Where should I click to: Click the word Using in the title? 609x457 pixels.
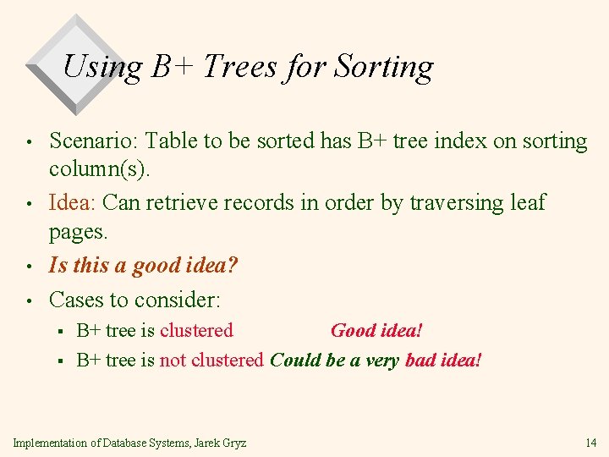click(101, 66)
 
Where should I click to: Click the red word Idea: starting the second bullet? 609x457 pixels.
click(75, 203)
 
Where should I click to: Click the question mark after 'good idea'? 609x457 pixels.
click(233, 266)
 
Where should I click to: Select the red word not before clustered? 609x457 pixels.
click(173, 361)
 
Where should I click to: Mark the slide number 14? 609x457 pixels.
click(590, 443)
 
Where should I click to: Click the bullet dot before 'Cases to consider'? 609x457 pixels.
click(29, 301)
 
